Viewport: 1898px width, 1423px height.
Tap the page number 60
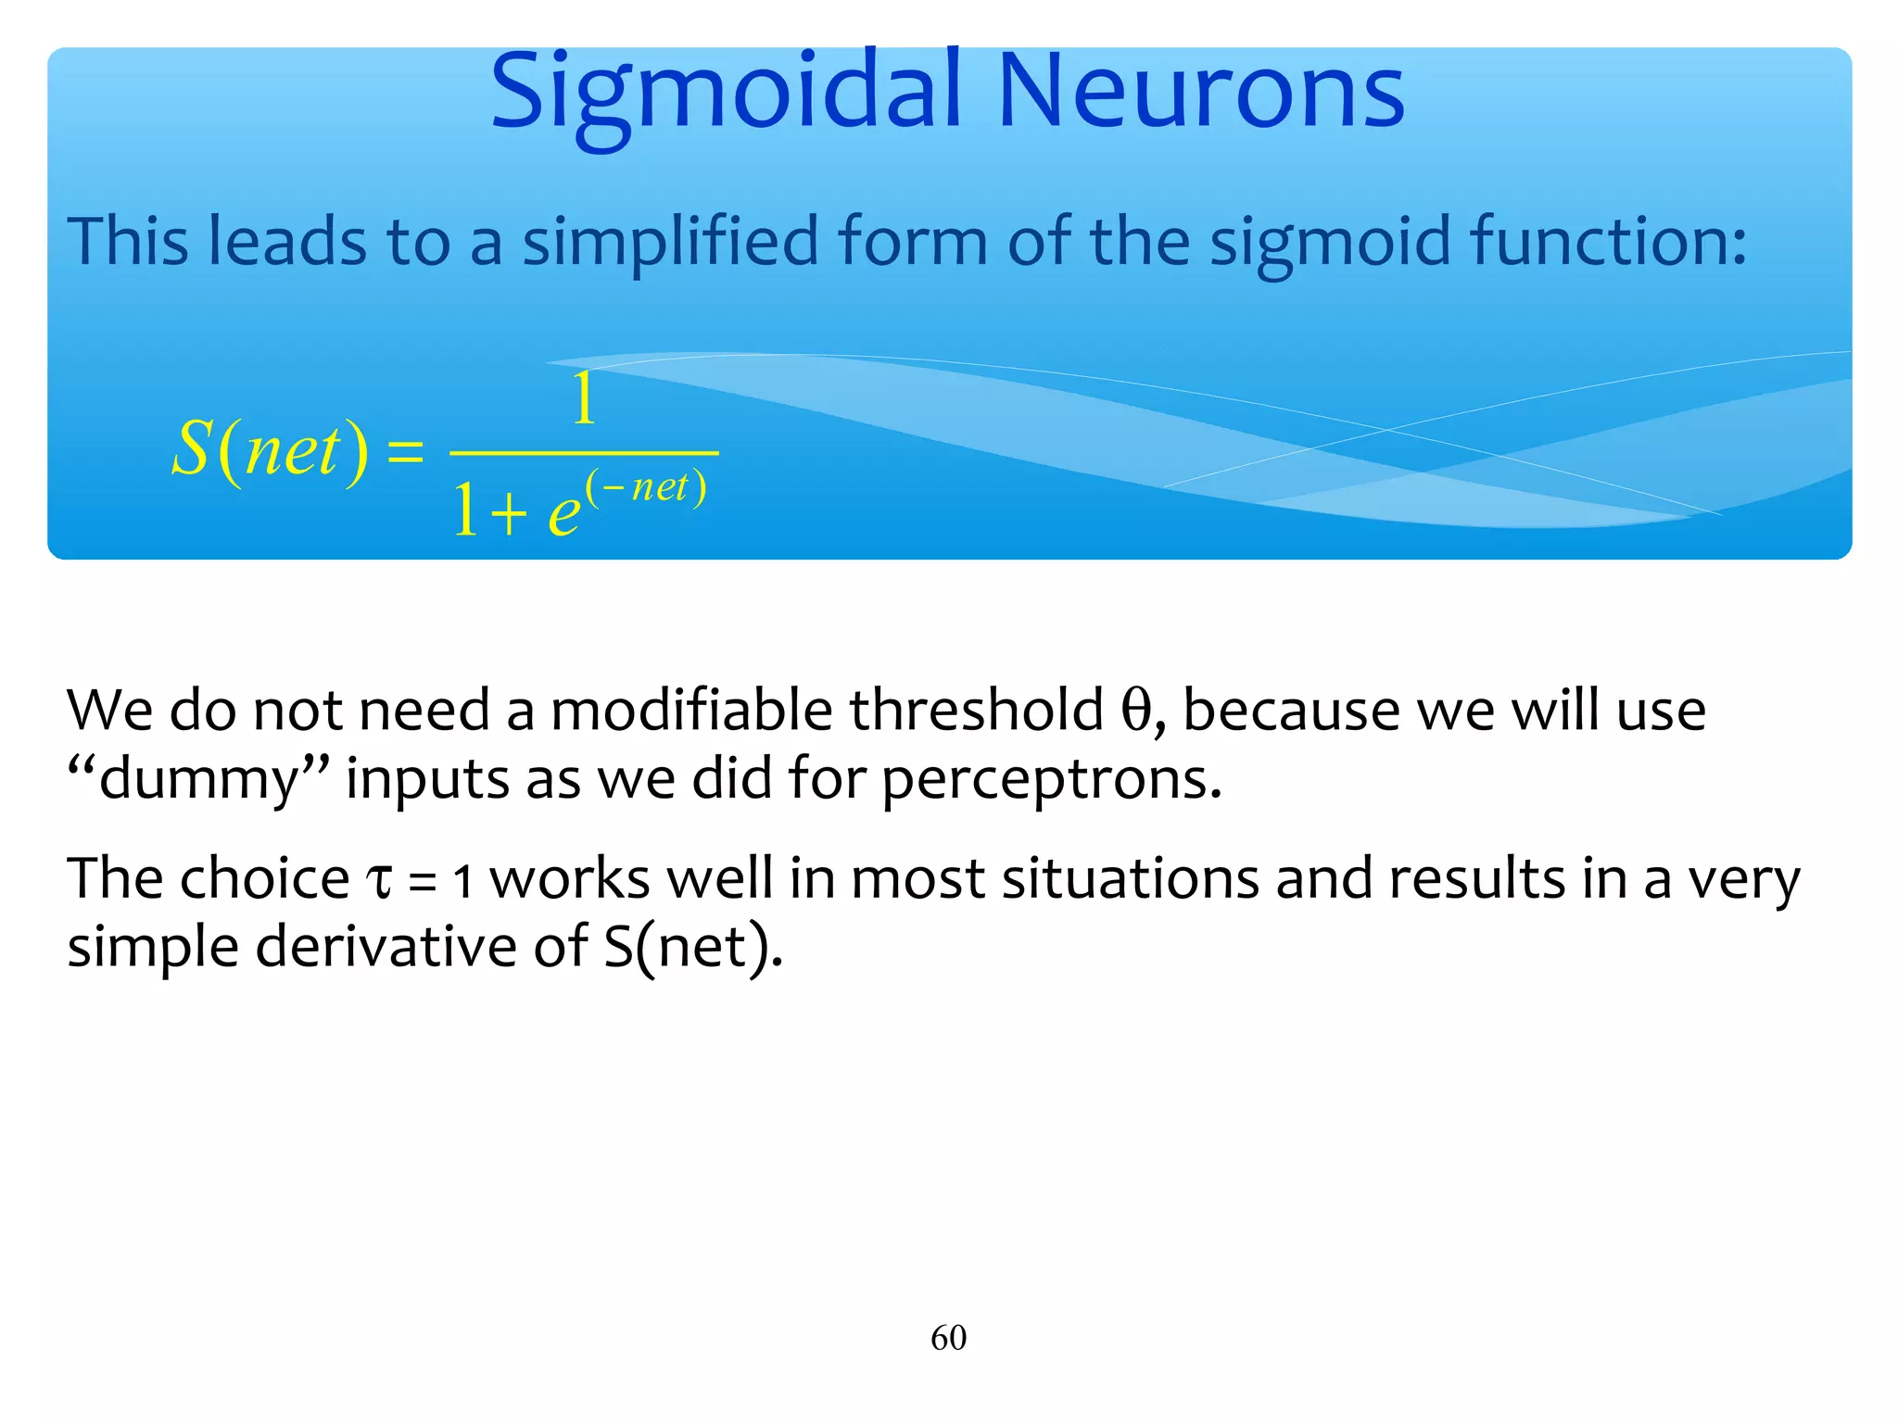pyautogui.click(x=948, y=1338)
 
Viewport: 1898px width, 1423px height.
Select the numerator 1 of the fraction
pyautogui.click(x=584, y=399)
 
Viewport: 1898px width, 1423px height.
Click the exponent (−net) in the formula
pyautogui.click(x=646, y=488)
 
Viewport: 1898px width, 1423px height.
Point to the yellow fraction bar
pyautogui.click(x=584, y=453)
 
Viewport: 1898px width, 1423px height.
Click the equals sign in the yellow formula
pyautogui.click(x=405, y=453)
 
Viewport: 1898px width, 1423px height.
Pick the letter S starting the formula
pyautogui.click(x=192, y=448)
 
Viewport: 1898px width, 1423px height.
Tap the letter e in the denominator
pyautogui.click(x=563, y=512)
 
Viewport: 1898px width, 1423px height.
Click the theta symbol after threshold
pyautogui.click(x=1135, y=711)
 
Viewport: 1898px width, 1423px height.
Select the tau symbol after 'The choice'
pyautogui.click(x=380, y=880)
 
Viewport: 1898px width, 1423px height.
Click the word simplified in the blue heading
pyautogui.click(x=670, y=241)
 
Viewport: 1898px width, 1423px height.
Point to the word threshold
pyautogui.click(x=976, y=711)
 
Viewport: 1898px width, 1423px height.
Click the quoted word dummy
pyautogui.click(x=198, y=779)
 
